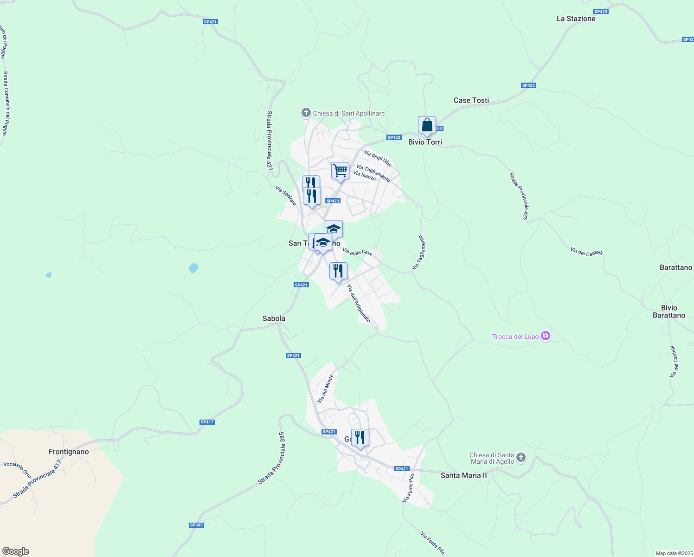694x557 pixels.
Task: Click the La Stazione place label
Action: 576,19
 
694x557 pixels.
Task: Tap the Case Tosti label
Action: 471,100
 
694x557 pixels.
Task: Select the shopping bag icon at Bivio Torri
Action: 427,125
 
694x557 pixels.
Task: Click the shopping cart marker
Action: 340,171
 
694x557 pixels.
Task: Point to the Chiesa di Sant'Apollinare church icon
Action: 306,113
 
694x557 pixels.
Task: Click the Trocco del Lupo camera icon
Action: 546,336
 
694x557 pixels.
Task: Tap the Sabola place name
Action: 274,318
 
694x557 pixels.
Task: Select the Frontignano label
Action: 69,451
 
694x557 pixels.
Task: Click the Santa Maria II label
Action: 463,475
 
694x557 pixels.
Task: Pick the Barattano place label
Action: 675,267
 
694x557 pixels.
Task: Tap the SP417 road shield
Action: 207,422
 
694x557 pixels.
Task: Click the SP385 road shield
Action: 196,525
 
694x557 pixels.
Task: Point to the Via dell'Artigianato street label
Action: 359,304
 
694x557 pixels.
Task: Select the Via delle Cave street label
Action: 357,252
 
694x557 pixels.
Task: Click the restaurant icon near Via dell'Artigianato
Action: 338,271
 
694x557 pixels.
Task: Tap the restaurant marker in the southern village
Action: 360,438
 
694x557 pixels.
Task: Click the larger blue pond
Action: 193,268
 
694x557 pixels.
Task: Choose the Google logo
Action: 16,551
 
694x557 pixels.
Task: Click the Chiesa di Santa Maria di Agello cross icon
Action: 521,458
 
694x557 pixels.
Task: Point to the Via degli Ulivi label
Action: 377,159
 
